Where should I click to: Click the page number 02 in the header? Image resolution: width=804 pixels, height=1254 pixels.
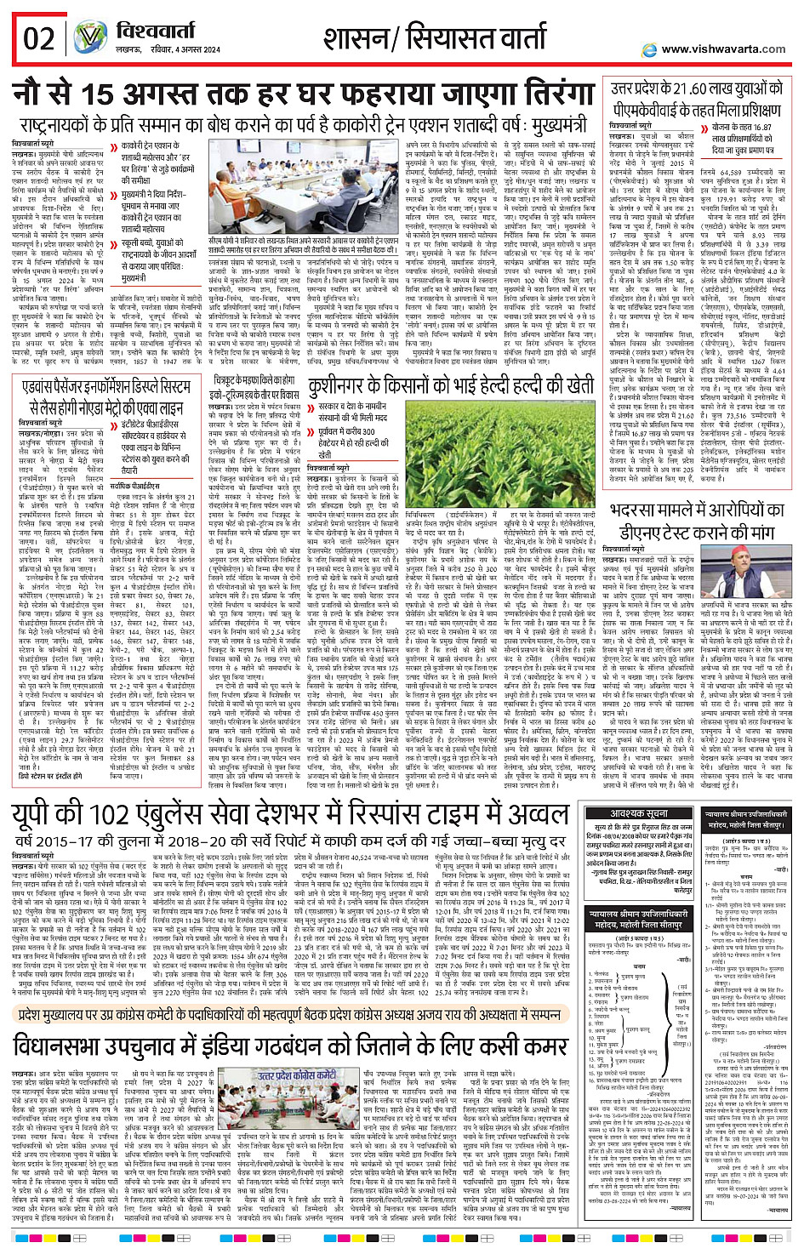38,38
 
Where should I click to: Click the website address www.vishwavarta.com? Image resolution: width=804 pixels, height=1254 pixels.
722,48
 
